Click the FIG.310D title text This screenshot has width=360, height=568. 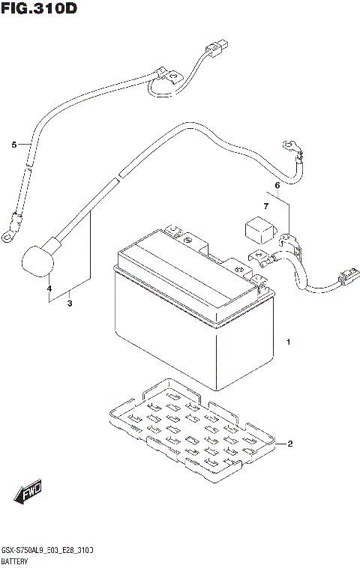[39, 10]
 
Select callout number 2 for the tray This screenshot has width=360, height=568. [289, 444]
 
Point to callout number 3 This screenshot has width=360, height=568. [69, 303]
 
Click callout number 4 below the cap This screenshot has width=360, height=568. [49, 288]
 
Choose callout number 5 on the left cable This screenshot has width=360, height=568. [13, 145]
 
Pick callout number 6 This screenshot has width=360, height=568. [277, 185]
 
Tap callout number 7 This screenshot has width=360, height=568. [265, 205]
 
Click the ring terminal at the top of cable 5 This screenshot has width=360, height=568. [171, 74]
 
